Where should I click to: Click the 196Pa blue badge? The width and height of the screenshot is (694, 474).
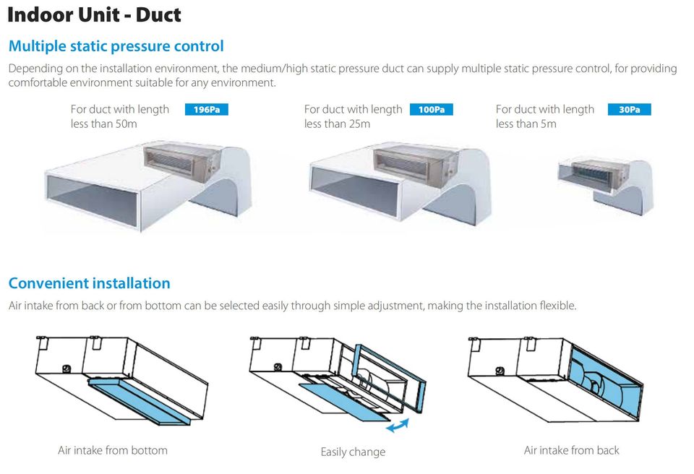click(206, 110)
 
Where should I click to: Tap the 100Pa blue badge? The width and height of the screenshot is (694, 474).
click(431, 110)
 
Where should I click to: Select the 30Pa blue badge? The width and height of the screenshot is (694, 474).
click(629, 110)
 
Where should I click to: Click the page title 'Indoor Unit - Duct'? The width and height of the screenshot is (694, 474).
click(94, 14)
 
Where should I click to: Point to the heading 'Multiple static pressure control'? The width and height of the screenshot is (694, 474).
click(116, 46)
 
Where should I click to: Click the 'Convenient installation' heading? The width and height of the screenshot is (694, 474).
click(90, 283)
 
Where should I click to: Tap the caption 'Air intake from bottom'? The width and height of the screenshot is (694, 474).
click(113, 451)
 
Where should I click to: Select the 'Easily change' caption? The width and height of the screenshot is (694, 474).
click(354, 452)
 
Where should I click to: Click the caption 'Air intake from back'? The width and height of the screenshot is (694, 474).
click(571, 451)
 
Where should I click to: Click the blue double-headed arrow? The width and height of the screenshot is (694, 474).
click(398, 426)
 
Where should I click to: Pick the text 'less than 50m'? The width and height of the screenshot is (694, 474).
click(104, 124)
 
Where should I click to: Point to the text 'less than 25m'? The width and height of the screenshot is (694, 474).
click(338, 124)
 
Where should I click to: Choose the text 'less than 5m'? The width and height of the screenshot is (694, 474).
click(526, 124)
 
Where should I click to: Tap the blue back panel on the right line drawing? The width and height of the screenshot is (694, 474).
click(606, 381)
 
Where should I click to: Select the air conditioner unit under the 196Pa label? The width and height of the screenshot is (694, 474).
click(182, 162)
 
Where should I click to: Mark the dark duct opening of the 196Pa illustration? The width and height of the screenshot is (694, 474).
click(92, 199)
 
